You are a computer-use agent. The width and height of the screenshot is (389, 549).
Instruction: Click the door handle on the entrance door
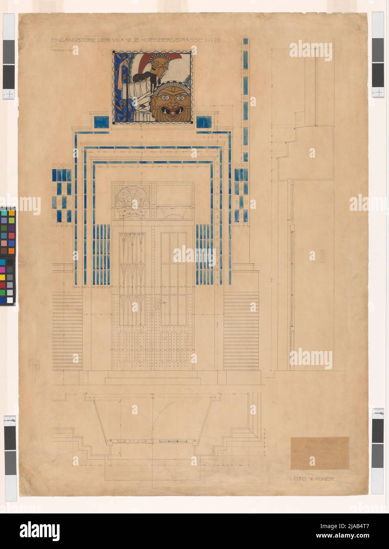point(158,305)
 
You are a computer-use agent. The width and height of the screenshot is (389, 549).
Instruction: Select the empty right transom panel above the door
point(175,196)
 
